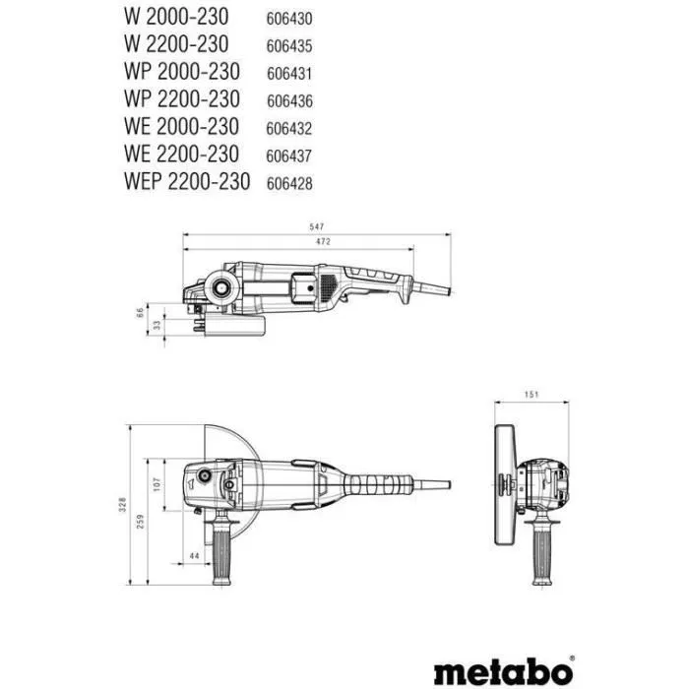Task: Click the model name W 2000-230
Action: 177,17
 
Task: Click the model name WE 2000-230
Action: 182,127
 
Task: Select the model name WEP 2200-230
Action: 187,181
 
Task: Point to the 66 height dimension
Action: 139,313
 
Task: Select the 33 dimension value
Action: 155,325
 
